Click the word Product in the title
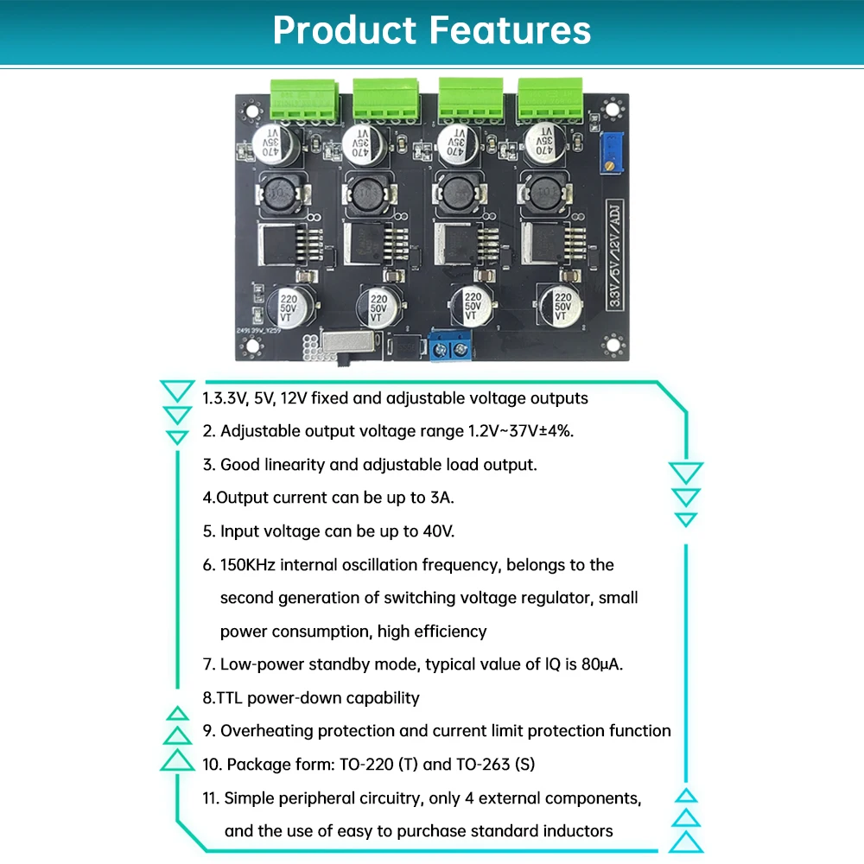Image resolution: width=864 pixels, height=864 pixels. pos(344,30)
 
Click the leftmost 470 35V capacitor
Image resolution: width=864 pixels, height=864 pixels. pos(276,142)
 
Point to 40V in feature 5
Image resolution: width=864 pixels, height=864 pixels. pos(437,530)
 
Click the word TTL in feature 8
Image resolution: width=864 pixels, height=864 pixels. pos(231,697)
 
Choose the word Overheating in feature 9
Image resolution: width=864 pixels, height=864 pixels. pos(266,731)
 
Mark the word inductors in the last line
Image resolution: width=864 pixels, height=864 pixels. pos(578,830)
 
